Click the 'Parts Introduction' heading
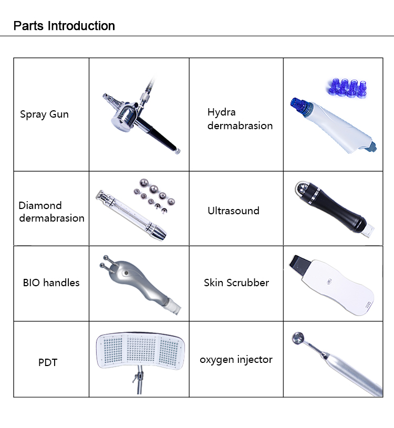click(x=64, y=26)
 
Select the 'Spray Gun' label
click(x=44, y=114)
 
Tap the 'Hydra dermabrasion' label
click(x=240, y=119)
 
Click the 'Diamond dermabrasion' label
click(x=51, y=212)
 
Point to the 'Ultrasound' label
click(x=233, y=211)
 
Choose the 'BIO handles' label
click(x=51, y=283)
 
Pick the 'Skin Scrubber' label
click(x=236, y=283)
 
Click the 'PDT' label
click(x=48, y=362)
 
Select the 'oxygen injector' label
click(x=236, y=360)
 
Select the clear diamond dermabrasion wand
click(x=128, y=213)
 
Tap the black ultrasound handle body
click(x=336, y=213)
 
